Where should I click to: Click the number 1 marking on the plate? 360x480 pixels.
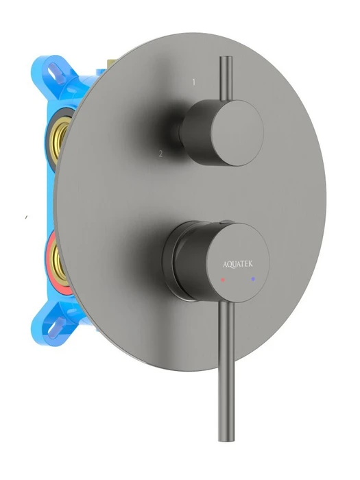coord(194,82)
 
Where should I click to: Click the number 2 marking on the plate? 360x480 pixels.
coord(160,154)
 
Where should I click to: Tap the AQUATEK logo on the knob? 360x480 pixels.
coord(238,264)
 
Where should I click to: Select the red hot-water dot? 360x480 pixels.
coord(223,280)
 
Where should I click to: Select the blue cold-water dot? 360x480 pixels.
coord(253,279)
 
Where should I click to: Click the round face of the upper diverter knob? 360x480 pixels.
coord(237,133)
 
